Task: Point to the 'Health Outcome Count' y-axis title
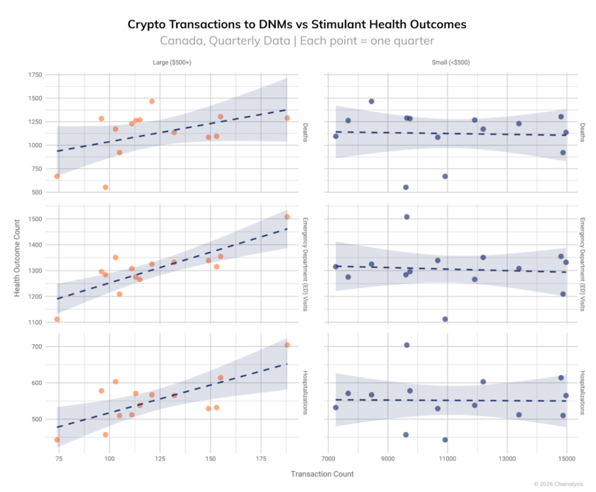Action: click(x=17, y=258)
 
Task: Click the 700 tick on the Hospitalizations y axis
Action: click(x=36, y=347)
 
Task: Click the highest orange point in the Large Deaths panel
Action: click(x=152, y=101)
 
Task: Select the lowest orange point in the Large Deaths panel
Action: click(x=105, y=187)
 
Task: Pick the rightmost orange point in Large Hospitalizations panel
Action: click(x=287, y=345)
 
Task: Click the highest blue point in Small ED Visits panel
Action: click(x=407, y=217)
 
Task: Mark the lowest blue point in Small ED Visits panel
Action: click(x=445, y=319)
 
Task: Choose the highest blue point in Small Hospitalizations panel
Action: click(x=407, y=345)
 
